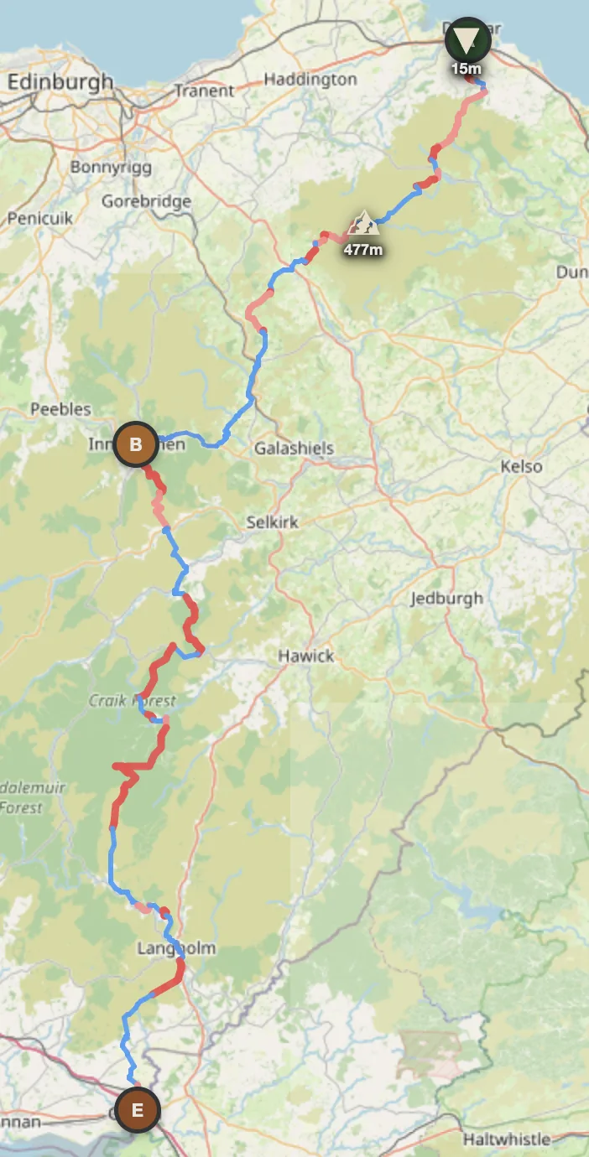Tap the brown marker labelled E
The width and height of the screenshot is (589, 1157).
pos(138,1111)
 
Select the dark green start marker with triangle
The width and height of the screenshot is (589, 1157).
pos(467,39)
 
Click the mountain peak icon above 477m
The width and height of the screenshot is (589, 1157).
pos(364,223)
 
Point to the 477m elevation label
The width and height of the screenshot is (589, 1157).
pos(363,249)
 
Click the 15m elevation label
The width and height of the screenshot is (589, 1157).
pos(467,69)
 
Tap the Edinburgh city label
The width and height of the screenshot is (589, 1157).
pos(60,82)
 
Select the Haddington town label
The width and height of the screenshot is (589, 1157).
pos(310,80)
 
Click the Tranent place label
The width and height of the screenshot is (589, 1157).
pos(205,91)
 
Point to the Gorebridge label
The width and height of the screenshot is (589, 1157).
pos(146,201)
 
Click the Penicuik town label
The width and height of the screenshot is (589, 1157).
pos(39,219)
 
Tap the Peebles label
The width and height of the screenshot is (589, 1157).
pos(60,409)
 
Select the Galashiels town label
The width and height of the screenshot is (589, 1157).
pos(294,449)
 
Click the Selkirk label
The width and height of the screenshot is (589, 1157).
pos(272,521)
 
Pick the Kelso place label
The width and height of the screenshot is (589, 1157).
pos(520,466)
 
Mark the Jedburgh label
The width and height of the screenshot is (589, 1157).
pos(446,599)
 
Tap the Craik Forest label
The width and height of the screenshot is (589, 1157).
pos(133,700)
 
